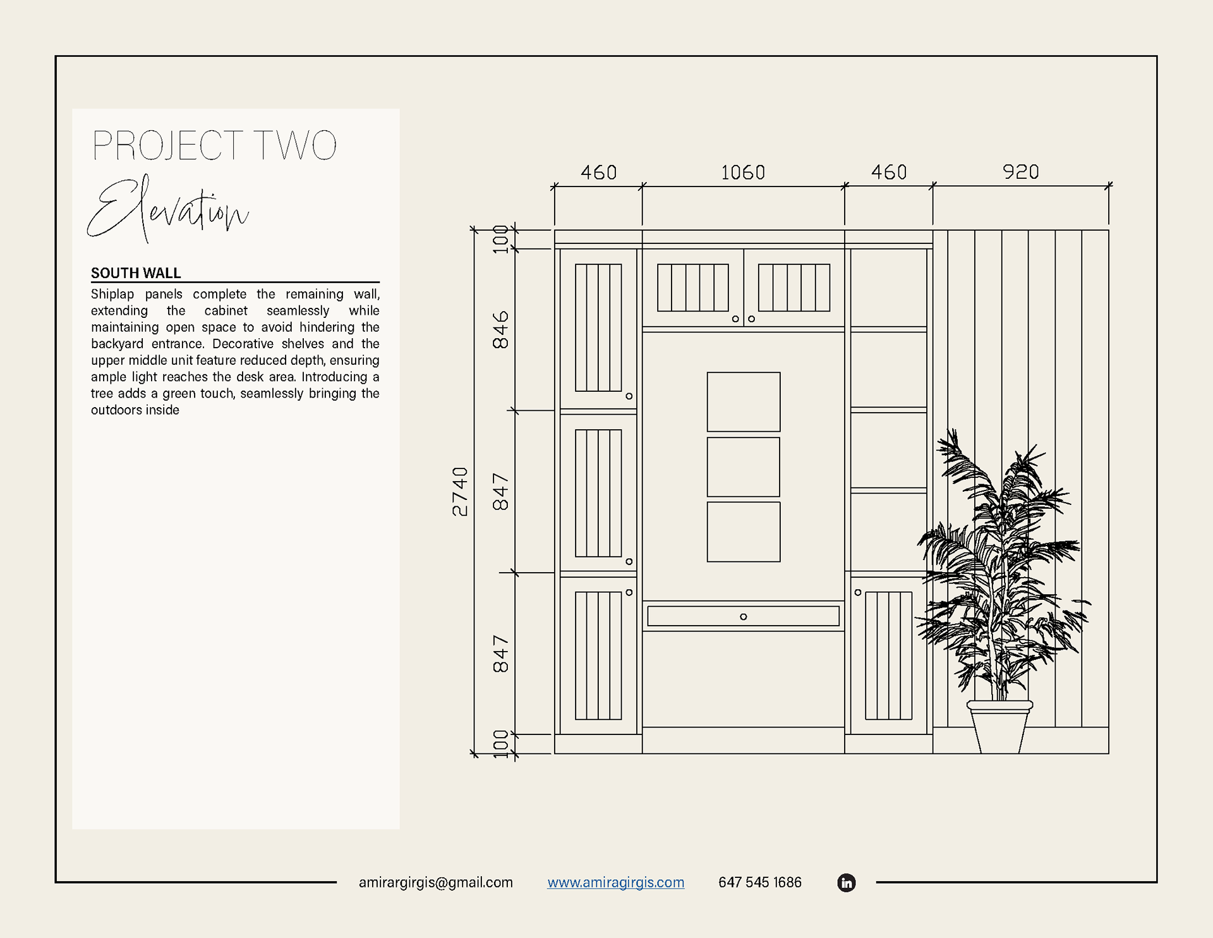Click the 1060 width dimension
click(743, 173)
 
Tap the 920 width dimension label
click(1020, 172)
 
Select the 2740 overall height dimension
click(461, 492)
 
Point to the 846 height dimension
click(500, 329)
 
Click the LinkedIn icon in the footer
click(846, 882)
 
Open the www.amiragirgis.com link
click(615, 882)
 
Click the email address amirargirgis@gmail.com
click(435, 882)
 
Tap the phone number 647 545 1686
click(759, 882)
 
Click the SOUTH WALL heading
click(136, 273)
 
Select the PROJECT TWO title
click(214, 146)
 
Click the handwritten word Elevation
click(168, 209)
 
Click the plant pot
click(999, 727)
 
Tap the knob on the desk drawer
click(744, 617)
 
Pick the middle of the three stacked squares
click(744, 467)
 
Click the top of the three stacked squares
click(744, 402)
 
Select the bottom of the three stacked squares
click(744, 532)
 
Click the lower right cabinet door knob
click(858, 593)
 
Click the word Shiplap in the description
click(112, 294)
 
